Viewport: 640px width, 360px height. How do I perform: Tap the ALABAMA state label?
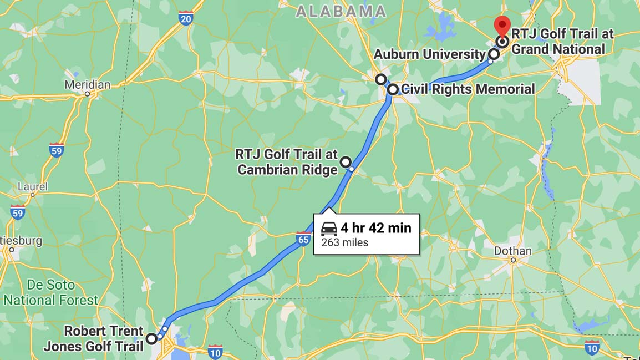[341, 11]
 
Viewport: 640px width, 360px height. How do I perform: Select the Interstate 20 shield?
[186, 19]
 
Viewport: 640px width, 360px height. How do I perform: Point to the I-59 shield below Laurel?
[18, 212]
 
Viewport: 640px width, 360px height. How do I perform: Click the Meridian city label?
[88, 85]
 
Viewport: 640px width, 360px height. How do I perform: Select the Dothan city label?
[513, 251]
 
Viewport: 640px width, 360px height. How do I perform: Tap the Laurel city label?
[32, 186]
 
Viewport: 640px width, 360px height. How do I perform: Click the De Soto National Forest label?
[50, 293]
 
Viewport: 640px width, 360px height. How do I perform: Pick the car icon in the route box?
[329, 229]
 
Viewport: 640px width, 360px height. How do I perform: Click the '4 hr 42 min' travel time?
[376, 228]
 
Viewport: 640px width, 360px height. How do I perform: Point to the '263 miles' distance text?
[344, 242]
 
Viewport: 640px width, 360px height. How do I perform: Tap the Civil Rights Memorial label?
[468, 89]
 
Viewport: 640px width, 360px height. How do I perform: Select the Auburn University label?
[429, 54]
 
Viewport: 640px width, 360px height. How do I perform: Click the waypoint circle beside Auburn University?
[494, 54]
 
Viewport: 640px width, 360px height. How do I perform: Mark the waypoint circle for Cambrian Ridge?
[346, 162]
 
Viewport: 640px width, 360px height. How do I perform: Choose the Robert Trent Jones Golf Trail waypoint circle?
[151, 338]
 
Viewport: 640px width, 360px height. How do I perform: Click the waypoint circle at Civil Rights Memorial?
[392, 89]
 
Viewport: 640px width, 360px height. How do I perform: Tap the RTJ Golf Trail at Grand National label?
[562, 42]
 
